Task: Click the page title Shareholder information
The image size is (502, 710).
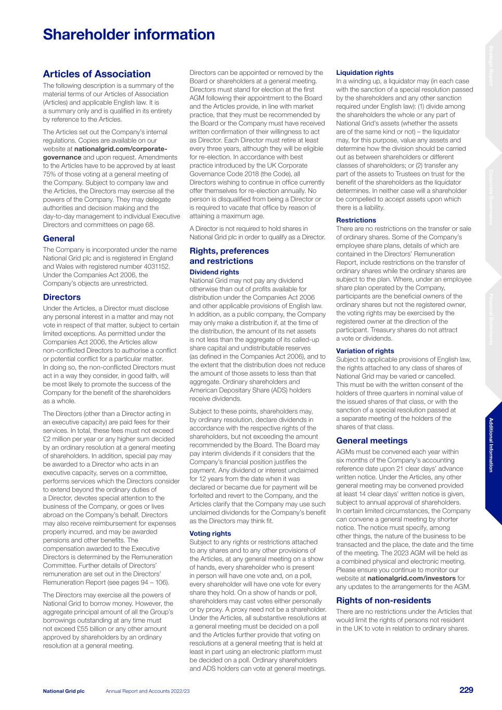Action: click(128, 35)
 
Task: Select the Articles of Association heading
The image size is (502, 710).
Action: click(97, 74)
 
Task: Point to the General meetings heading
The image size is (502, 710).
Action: click(371, 441)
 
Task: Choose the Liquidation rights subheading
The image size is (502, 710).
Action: click(365, 73)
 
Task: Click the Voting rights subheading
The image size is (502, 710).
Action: click(210, 534)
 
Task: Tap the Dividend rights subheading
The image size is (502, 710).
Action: click(214, 272)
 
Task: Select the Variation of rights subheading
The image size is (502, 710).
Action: click(365, 351)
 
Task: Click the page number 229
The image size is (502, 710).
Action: click(466, 690)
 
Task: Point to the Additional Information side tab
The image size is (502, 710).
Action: click(491, 445)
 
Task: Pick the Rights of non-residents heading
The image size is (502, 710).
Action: click(383, 600)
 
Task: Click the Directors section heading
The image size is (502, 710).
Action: click(61, 298)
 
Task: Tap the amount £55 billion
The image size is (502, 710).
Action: click(76, 629)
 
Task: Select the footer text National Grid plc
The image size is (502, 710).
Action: click(63, 691)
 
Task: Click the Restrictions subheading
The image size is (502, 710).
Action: click(356, 221)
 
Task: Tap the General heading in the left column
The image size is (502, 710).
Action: click(59, 239)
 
